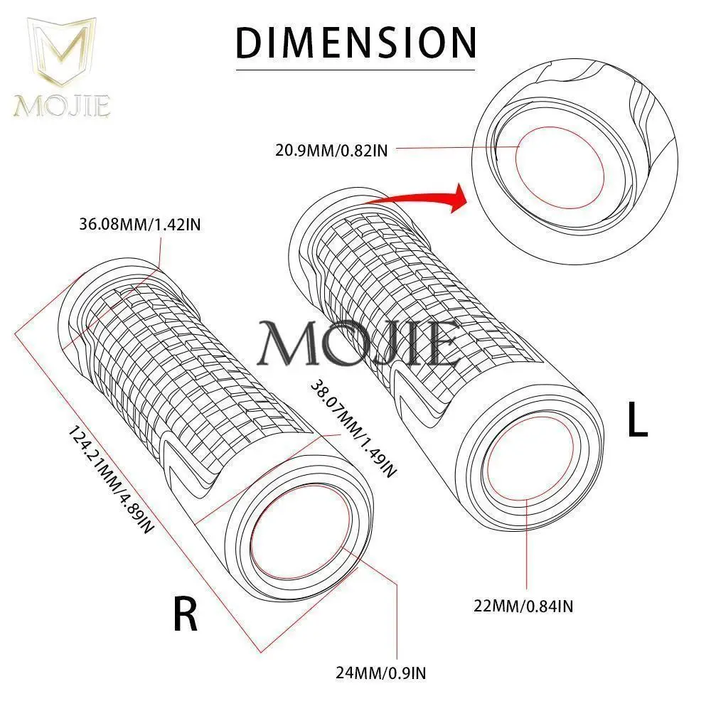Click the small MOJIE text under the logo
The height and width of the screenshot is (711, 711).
point(61,106)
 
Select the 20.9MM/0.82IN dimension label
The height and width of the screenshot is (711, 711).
point(331,149)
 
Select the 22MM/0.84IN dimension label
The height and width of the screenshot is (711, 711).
point(525,606)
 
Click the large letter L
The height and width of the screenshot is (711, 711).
point(638,422)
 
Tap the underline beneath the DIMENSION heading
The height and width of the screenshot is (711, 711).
point(355,69)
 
